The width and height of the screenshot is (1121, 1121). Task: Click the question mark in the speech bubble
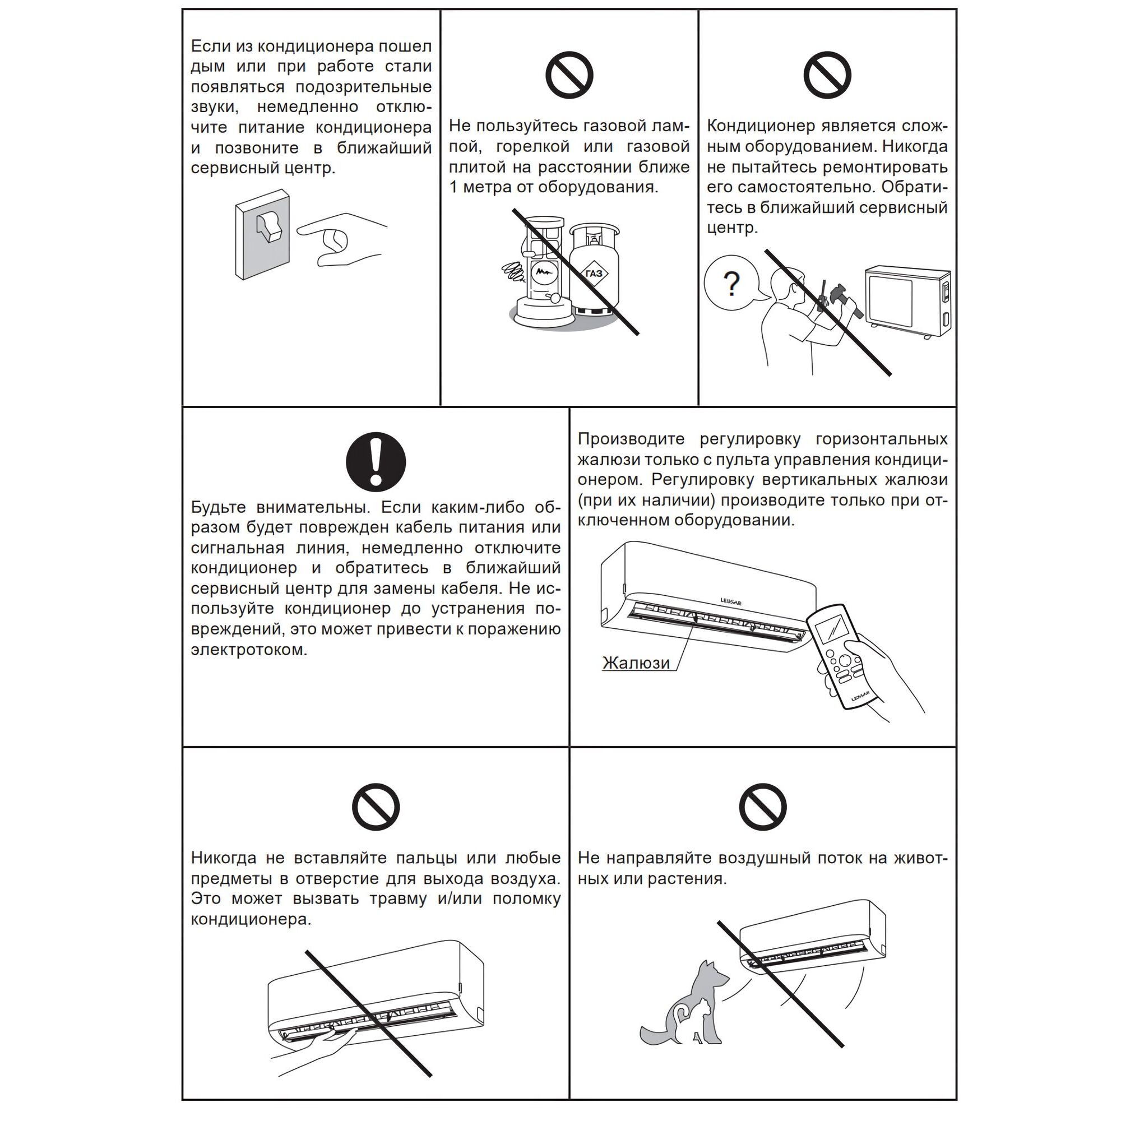coord(732,284)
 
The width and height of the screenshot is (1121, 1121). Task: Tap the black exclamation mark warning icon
coord(376,462)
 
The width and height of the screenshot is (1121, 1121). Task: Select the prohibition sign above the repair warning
coord(827,76)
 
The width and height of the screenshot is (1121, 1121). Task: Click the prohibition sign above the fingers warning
coord(376,807)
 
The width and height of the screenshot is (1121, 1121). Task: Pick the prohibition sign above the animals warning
coord(762,807)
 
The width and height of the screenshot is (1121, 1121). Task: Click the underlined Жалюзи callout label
coord(636,663)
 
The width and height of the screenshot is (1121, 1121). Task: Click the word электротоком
coord(249,650)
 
